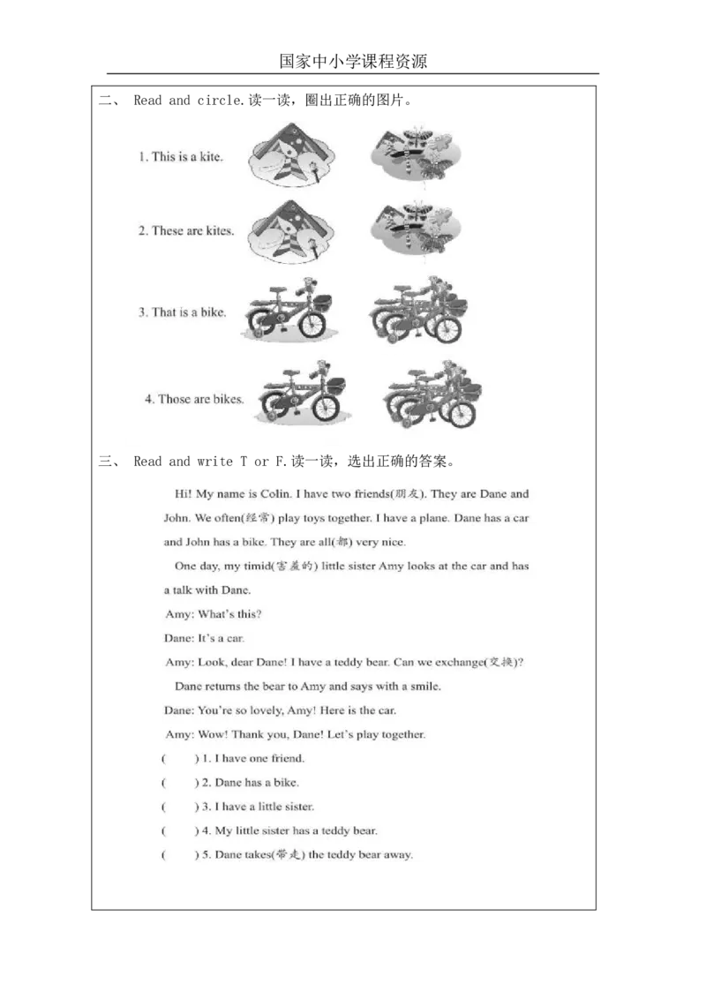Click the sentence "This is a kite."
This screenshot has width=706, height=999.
(180, 157)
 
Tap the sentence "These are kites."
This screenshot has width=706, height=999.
(185, 231)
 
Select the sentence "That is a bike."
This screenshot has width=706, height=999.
(182, 312)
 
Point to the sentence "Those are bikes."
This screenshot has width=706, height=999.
(194, 399)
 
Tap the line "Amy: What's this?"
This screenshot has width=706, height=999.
(213, 613)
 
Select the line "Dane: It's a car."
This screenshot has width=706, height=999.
(204, 637)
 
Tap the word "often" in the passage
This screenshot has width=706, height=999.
(229, 518)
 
